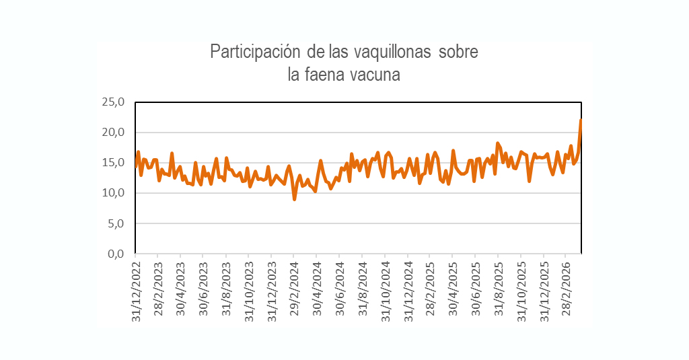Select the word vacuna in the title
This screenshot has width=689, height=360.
[x=374, y=74]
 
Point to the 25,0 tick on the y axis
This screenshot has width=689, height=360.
[x=113, y=102]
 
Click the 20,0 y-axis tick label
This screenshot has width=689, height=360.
[x=113, y=133]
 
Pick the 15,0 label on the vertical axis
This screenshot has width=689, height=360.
[x=113, y=163]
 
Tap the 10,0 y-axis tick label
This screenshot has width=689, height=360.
[x=113, y=193]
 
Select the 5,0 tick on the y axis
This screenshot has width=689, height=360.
[x=116, y=223]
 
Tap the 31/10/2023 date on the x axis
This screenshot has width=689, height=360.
[x=249, y=290]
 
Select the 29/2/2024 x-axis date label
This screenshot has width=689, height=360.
[x=294, y=288]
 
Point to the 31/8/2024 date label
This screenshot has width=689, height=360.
[x=363, y=288]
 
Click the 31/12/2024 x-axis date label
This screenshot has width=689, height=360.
[x=408, y=290]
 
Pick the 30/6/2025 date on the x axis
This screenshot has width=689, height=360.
[x=476, y=288]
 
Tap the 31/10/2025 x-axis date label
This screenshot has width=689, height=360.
[x=522, y=290]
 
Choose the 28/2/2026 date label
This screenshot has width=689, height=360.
[x=567, y=288]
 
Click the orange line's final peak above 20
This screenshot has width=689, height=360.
[x=581, y=120]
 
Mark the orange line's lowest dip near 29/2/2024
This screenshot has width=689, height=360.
[x=294, y=199]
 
